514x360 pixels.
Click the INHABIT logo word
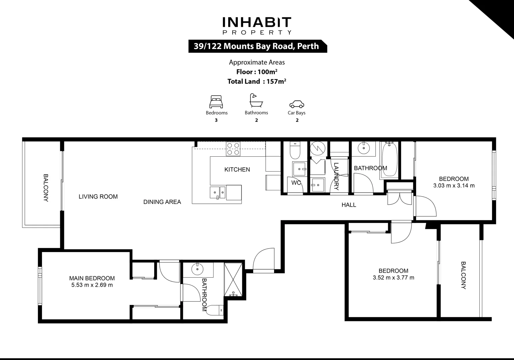tap(257, 22)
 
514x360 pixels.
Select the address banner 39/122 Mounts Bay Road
tap(257, 46)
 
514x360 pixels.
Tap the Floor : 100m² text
tap(257, 72)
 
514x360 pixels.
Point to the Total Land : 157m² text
tap(257, 81)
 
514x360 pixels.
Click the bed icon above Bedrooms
tap(216, 102)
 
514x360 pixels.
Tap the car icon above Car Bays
tap(296, 104)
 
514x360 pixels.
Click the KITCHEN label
tap(237, 170)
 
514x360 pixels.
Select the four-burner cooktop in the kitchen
tap(233, 149)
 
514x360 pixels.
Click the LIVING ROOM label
tap(98, 197)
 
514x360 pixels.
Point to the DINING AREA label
tap(162, 202)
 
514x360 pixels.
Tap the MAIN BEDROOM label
tap(92, 278)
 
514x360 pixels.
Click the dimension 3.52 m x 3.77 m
tap(393, 278)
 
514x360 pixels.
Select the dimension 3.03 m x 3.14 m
tap(454, 186)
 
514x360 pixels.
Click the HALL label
tap(349, 205)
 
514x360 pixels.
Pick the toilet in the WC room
tap(295, 151)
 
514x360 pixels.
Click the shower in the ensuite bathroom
tap(234, 280)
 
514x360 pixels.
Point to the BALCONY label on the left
tap(46, 188)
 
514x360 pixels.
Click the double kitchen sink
tap(218, 192)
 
